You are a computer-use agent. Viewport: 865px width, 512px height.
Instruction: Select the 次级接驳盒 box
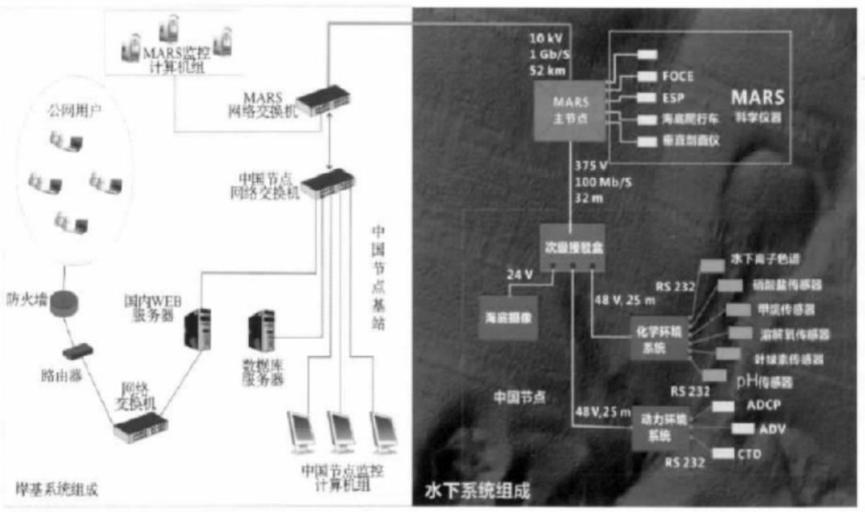click(569, 247)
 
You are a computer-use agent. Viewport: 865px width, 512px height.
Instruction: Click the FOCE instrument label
click(677, 77)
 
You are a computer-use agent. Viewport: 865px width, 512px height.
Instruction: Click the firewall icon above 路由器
click(62, 305)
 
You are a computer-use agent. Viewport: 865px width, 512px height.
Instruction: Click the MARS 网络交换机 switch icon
click(328, 99)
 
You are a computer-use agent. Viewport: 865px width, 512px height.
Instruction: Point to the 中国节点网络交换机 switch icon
click(327, 180)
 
